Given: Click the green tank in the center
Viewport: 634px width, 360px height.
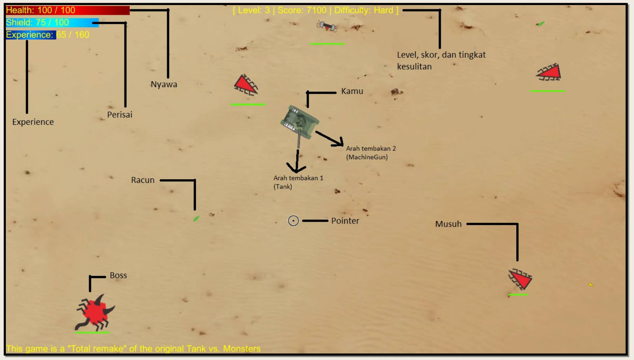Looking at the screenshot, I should coord(300,122).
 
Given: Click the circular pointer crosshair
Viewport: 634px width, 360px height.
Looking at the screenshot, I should coord(293,221).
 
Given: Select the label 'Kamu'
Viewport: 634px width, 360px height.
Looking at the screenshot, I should coord(352,91).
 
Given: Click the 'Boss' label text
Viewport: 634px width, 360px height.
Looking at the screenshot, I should coord(118,275).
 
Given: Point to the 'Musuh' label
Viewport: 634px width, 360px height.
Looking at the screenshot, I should coord(448,224).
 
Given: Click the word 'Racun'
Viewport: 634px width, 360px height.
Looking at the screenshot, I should coord(143,180).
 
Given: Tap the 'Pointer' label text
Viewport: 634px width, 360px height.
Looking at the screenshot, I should coord(345,221).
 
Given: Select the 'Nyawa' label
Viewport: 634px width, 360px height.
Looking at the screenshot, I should coord(164,84).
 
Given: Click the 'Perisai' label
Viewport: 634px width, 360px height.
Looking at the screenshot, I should coord(120,115).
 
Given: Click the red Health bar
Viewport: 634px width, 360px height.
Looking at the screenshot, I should coord(67,10).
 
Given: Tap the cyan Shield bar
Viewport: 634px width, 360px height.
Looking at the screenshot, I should coord(52,23).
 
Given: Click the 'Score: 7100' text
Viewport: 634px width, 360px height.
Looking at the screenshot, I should coord(302,10).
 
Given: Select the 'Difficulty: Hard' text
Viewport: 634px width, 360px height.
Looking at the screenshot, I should coord(363,10).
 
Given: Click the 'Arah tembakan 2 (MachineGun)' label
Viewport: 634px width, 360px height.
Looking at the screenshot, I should coord(370,153).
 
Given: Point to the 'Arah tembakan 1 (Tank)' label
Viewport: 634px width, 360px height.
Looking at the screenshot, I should coord(298,182).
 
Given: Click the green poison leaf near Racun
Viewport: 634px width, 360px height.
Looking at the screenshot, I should coord(196,218).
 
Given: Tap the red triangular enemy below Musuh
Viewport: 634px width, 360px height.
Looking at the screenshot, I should coord(520,279).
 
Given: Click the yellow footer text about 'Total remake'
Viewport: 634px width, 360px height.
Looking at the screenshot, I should coord(133,349).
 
